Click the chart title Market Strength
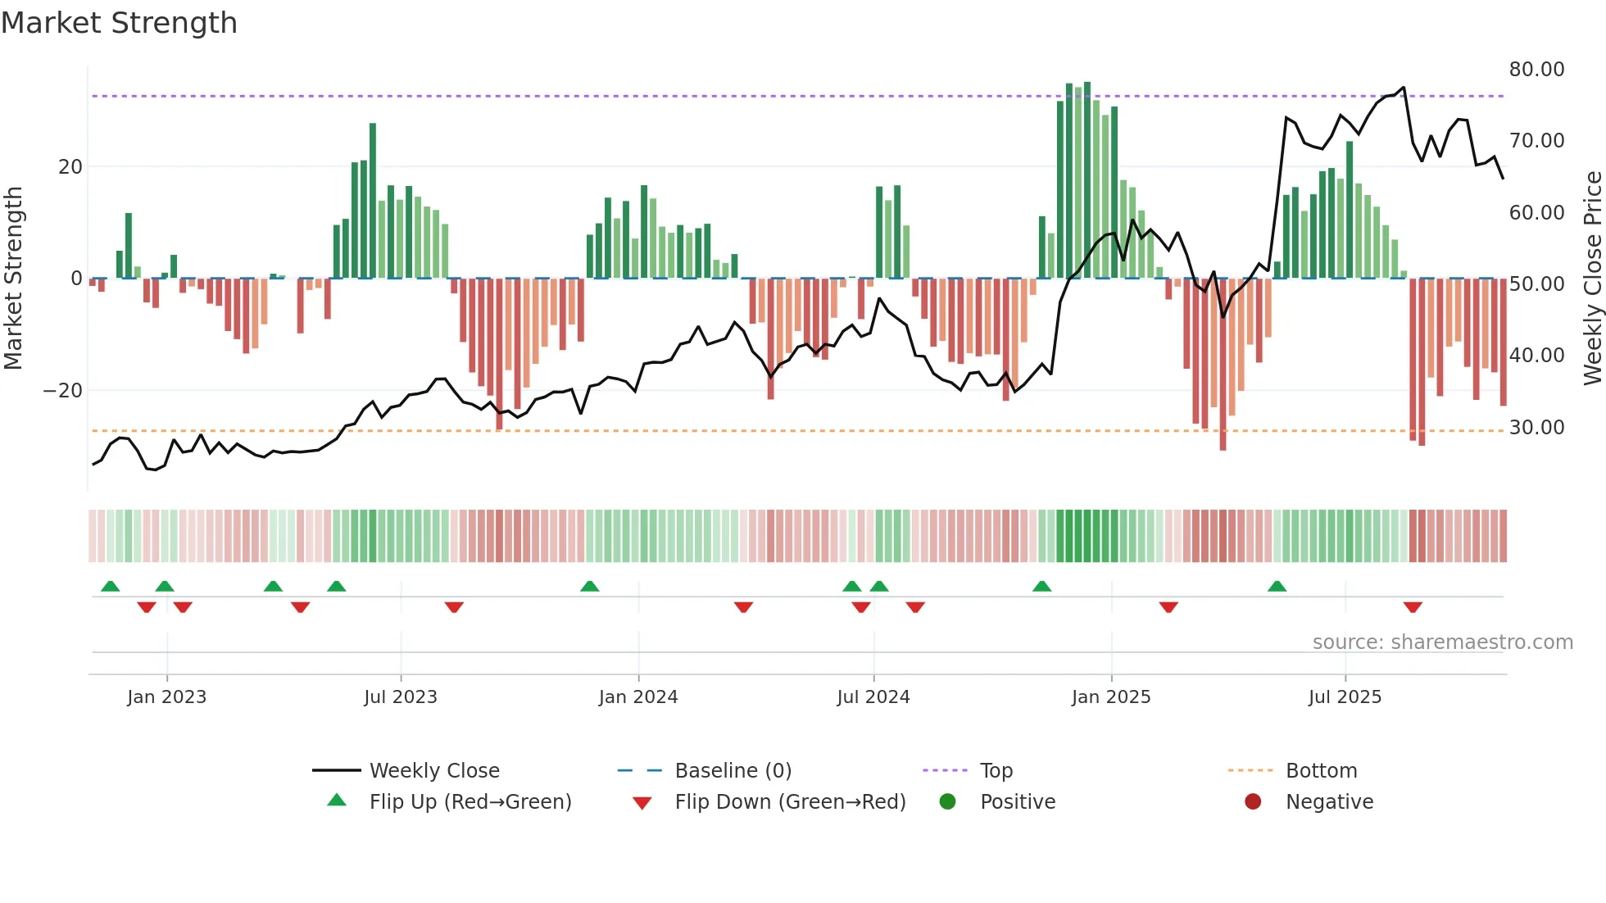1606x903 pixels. (x=120, y=23)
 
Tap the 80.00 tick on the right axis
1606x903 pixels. (x=1536, y=70)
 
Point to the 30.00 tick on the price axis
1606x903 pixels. (x=1536, y=428)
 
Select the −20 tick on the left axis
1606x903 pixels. (x=63, y=391)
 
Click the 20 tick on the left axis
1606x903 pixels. (x=70, y=167)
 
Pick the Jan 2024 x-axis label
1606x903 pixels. (x=638, y=697)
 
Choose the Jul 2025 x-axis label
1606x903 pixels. (x=1345, y=697)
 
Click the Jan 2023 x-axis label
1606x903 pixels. (x=166, y=697)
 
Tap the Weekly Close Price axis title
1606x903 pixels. (x=1592, y=279)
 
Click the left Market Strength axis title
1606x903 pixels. (x=13, y=279)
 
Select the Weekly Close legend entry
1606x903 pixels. (x=433, y=771)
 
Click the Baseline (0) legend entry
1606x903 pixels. (x=733, y=771)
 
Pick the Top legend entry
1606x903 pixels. (x=996, y=771)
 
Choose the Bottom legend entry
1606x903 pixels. (x=1321, y=771)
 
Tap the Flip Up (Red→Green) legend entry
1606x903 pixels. (x=470, y=802)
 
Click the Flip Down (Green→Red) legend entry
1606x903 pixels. (x=790, y=802)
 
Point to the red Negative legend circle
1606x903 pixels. (x=1253, y=802)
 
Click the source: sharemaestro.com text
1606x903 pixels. (x=1442, y=642)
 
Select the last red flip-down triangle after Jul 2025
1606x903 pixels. (x=1413, y=607)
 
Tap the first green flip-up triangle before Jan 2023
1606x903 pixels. (x=111, y=586)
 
